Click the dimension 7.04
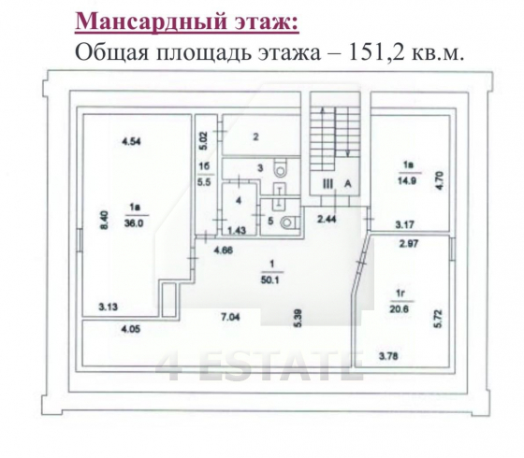point(230,319)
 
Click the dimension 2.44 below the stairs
point(325,220)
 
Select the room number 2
point(254,136)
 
